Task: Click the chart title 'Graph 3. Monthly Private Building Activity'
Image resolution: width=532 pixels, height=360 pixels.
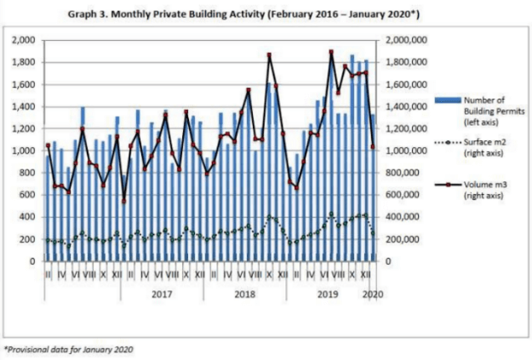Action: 266,14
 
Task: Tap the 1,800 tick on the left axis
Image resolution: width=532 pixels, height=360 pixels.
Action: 24,62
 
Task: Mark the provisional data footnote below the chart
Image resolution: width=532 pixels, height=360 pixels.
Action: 69,348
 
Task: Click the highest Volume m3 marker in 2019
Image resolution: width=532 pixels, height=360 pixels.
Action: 330,52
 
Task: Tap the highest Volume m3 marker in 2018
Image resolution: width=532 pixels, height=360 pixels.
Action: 269,55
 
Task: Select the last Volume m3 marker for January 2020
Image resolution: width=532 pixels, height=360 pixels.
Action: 373,146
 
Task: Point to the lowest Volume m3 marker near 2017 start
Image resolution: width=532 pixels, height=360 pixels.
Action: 123,201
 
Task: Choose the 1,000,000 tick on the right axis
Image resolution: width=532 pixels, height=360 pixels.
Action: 405,151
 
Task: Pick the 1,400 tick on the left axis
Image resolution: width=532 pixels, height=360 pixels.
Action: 24,106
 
